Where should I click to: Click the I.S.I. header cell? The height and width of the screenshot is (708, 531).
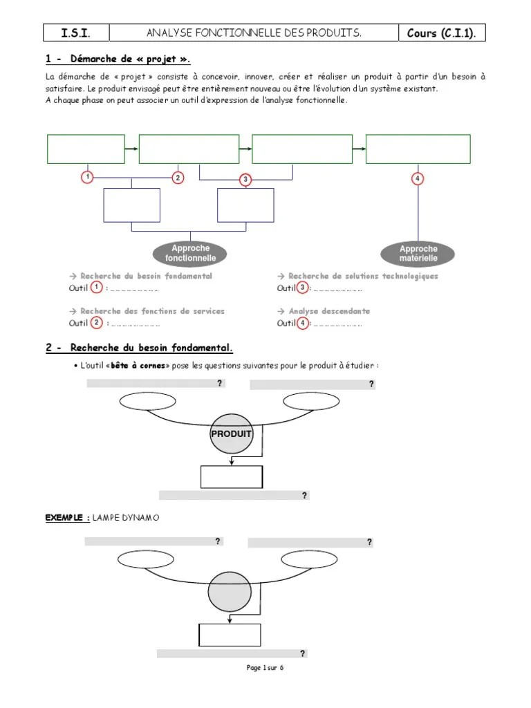coord(75,32)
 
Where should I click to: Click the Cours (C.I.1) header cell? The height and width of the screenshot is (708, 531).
coord(445,32)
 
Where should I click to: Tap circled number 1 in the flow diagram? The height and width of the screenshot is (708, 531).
coord(87,178)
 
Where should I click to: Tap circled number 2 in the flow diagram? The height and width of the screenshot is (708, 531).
coord(178,178)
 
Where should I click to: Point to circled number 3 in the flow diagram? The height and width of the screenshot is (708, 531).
coord(245,180)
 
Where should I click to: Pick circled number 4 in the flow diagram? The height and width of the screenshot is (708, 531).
coord(418,178)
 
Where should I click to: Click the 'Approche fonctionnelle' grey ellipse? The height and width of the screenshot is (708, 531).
coord(190,253)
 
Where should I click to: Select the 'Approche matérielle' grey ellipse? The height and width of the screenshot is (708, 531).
coord(418,254)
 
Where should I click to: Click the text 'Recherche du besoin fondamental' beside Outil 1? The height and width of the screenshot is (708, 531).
coord(146,276)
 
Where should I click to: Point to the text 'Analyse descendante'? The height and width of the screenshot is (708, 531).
coord(328,311)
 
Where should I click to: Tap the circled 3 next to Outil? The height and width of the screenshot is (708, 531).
coord(302,288)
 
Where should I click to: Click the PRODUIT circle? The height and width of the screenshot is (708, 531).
coord(231,435)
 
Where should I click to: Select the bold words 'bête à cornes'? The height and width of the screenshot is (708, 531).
coord(138,365)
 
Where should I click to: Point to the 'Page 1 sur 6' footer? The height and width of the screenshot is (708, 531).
coord(265,668)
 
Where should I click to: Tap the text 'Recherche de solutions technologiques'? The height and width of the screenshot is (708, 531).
coord(363,276)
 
